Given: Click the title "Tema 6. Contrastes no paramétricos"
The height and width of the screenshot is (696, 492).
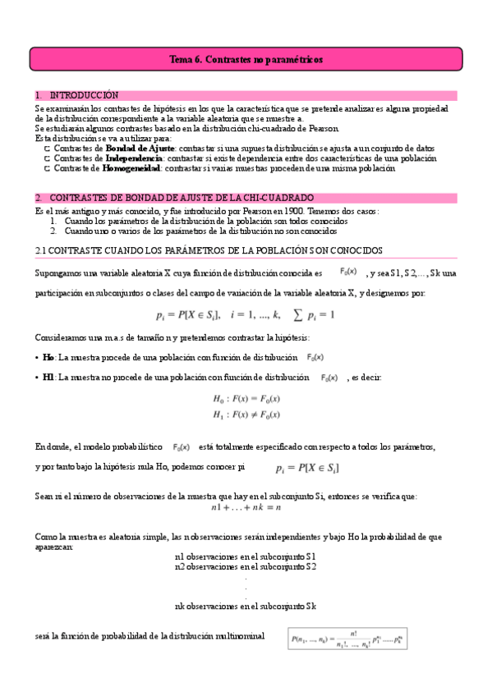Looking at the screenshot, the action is pos(246,60).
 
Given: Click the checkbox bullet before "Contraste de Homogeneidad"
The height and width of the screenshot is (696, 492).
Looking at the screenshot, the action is pos(48,168).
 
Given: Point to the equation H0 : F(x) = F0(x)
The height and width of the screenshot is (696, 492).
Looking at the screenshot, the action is pos(246,398).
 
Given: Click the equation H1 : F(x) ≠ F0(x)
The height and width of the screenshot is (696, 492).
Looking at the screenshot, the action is pos(246,414).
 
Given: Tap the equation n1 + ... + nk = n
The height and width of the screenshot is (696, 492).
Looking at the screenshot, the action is pos(246,507).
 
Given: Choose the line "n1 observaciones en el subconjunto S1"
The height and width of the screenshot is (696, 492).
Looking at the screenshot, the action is pos(246,557).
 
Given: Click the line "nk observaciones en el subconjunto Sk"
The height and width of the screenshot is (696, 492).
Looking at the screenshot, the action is pos(246,607).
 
